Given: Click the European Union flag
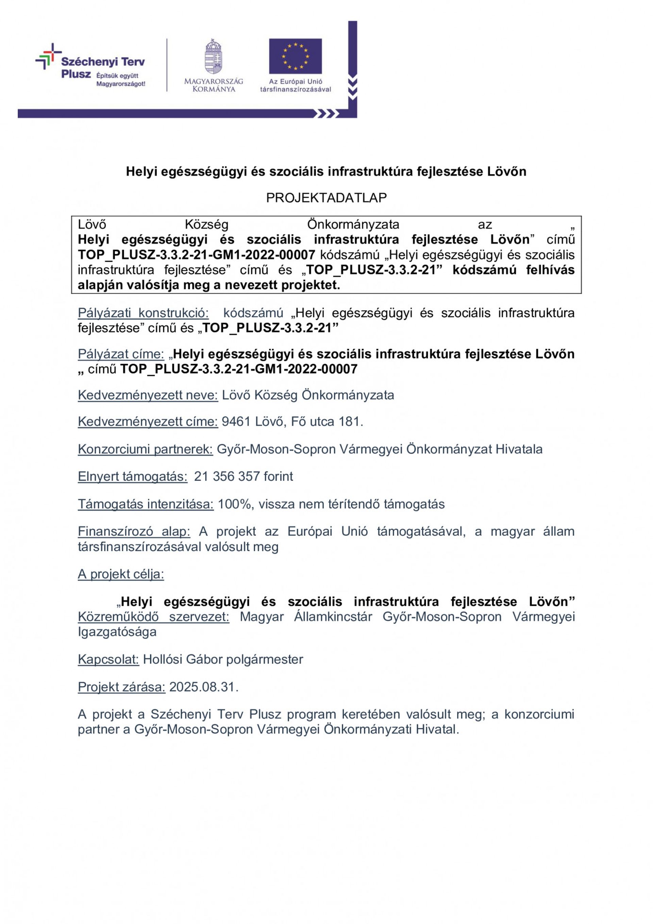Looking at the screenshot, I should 295,56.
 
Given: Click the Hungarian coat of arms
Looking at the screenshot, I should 214,57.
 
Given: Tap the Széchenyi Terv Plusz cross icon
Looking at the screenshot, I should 48,57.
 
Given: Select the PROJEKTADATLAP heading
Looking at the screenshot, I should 326,198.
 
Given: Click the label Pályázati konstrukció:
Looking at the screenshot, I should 143,313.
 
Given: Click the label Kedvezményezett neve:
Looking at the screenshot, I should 148,395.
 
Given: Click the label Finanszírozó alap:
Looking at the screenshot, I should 134,531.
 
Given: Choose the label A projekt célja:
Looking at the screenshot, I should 121,574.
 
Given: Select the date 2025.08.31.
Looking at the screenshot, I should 204,686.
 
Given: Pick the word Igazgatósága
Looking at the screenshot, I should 117,632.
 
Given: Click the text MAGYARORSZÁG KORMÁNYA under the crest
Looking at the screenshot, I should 214,85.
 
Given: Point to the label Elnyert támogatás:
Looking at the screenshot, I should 132,476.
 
